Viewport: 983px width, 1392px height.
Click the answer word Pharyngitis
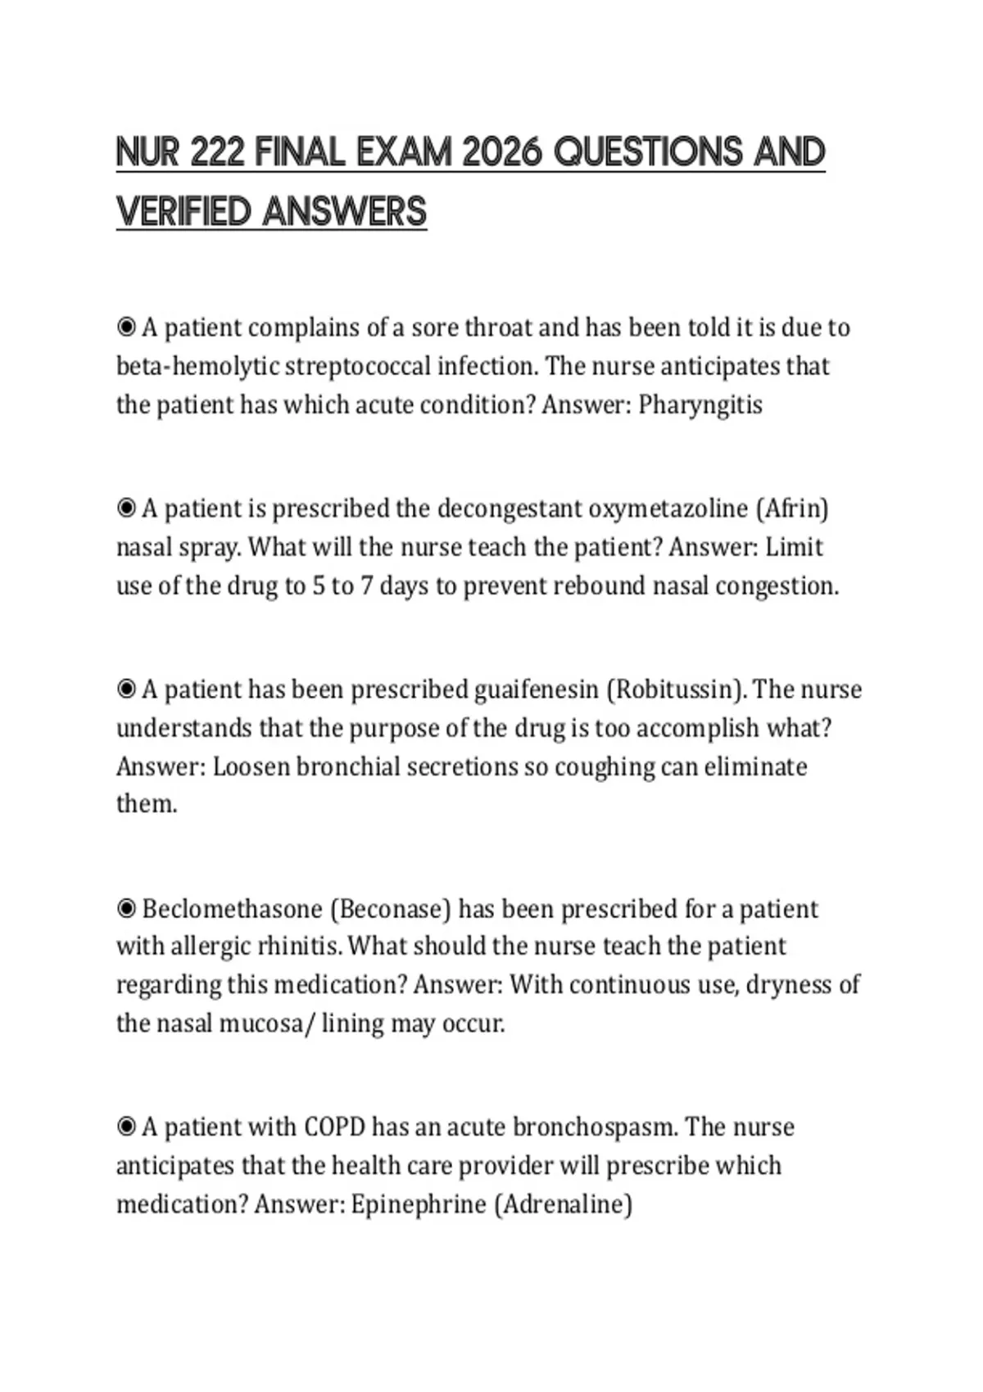tap(700, 404)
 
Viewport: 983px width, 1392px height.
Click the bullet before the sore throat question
tap(126, 328)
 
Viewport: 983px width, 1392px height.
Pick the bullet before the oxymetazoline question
tap(126, 508)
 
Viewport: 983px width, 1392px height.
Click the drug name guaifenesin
tap(537, 689)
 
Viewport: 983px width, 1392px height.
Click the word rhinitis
tap(299, 947)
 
